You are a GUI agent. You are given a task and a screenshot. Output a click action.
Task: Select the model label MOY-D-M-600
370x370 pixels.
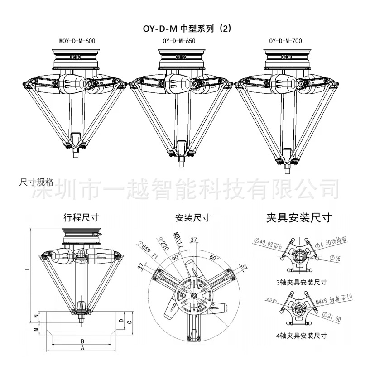tap(77, 41)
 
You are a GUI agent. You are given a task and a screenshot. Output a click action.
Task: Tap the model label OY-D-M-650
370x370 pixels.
tap(182, 41)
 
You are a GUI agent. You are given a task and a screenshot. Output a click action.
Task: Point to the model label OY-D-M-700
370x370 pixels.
tap(285, 41)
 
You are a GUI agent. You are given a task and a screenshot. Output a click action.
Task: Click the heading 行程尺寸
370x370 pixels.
tap(81, 218)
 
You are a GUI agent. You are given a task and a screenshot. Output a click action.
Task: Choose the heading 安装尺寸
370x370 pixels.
tap(193, 218)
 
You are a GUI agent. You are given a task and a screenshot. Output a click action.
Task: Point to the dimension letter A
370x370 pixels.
tap(82, 348)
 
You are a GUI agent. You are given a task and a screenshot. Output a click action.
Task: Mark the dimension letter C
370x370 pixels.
tap(129, 322)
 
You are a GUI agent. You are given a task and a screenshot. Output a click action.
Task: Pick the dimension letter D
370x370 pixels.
tap(120, 320)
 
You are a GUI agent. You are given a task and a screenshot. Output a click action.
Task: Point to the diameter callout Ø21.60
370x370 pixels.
tap(332, 315)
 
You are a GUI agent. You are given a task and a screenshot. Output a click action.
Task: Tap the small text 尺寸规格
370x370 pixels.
tap(36, 182)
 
